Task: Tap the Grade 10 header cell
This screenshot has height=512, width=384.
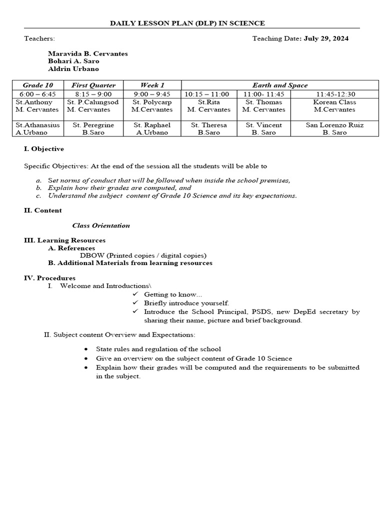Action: pyautogui.click(x=38, y=85)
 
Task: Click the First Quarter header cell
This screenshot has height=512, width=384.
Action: pyautogui.click(x=93, y=85)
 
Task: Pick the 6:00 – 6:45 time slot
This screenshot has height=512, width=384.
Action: pyautogui.click(x=38, y=94)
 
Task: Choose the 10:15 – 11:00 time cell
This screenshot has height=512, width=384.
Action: pyautogui.click(x=207, y=94)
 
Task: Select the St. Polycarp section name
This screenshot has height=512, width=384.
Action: pyautogui.click(x=152, y=102)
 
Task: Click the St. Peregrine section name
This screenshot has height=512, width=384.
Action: pyautogui.click(x=93, y=125)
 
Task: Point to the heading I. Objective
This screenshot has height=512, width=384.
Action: pyautogui.click(x=44, y=149)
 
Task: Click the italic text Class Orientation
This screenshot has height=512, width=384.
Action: pyautogui.click(x=101, y=225)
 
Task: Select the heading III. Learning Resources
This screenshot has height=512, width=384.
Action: pyautogui.click(x=65, y=240)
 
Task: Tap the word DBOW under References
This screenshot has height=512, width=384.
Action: pyautogui.click(x=89, y=255)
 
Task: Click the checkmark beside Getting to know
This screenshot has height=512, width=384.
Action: pyautogui.click(x=135, y=294)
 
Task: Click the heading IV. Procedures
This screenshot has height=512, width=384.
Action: pyautogui.click(x=50, y=278)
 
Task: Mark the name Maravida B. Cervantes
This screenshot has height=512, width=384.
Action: pyautogui.click(x=88, y=53)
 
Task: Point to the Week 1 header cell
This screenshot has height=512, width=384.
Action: pyautogui.click(x=152, y=85)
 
